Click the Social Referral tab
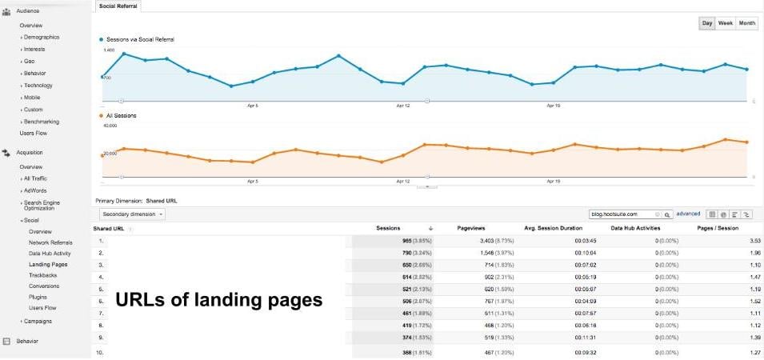pos(118,6)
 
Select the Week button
pos(726,23)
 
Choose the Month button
pos(746,23)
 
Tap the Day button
pos(707,23)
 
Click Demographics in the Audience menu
pos(41,37)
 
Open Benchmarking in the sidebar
pos(42,122)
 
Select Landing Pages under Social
pos(48,264)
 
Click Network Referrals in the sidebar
pos(50,242)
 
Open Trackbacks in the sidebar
pos(43,274)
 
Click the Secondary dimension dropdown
pos(132,214)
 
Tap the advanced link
pos(688,214)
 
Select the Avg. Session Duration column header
pos(553,229)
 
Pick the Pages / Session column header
pos(718,229)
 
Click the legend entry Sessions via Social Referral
pos(140,39)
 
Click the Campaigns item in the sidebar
pos(38,321)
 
